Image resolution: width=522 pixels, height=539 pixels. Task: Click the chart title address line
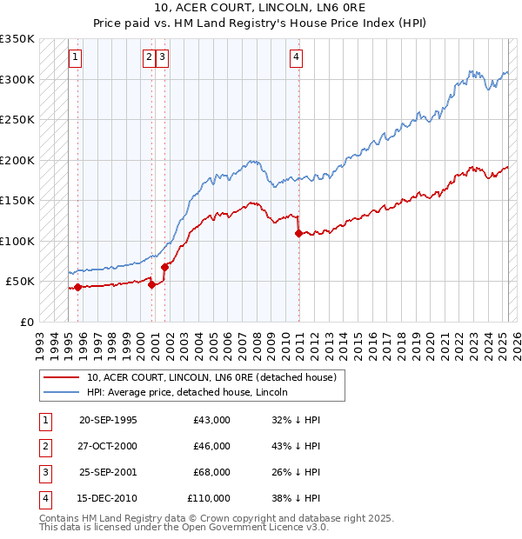(261, 9)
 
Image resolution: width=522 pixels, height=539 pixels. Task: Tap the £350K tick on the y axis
(17, 39)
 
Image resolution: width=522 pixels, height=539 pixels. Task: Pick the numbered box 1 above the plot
(76, 58)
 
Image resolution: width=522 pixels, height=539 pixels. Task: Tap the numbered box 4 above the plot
(297, 58)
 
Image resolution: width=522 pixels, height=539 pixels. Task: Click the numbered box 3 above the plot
(163, 58)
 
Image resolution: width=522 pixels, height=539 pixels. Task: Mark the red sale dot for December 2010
(298, 233)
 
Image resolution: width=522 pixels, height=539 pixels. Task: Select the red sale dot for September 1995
(78, 287)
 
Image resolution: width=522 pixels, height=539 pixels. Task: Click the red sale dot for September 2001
(165, 267)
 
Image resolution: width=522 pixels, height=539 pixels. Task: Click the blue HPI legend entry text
(186, 392)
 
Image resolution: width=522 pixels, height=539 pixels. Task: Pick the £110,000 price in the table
(209, 498)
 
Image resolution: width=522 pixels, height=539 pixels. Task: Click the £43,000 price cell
(211, 420)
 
